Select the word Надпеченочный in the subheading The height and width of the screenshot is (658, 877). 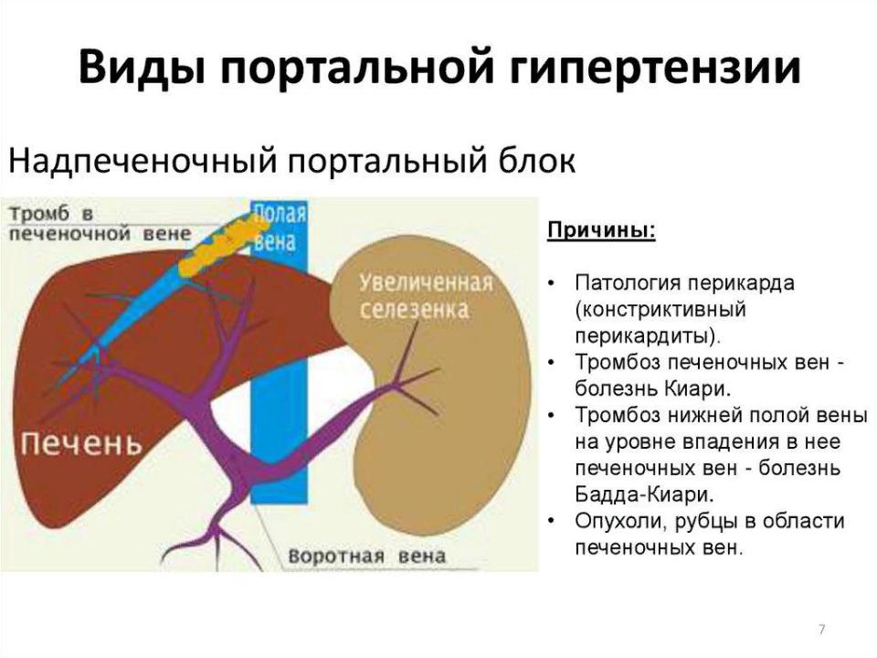point(143,161)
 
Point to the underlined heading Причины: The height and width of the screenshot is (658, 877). point(601,230)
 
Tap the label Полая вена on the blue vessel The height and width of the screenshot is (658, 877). point(280,228)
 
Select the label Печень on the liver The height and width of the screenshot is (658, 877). point(81,443)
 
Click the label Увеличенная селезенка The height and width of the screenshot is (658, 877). point(426,296)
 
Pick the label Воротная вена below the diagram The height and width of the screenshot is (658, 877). point(367,557)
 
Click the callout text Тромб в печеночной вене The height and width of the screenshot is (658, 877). point(100,223)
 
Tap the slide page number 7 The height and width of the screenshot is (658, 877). point(821,630)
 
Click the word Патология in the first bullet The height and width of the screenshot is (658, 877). point(627,282)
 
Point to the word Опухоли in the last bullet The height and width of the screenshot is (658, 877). point(621,522)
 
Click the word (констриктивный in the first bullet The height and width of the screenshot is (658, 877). point(661,310)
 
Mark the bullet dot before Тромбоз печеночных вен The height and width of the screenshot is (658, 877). point(552,364)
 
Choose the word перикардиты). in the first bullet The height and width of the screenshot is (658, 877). point(649,336)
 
